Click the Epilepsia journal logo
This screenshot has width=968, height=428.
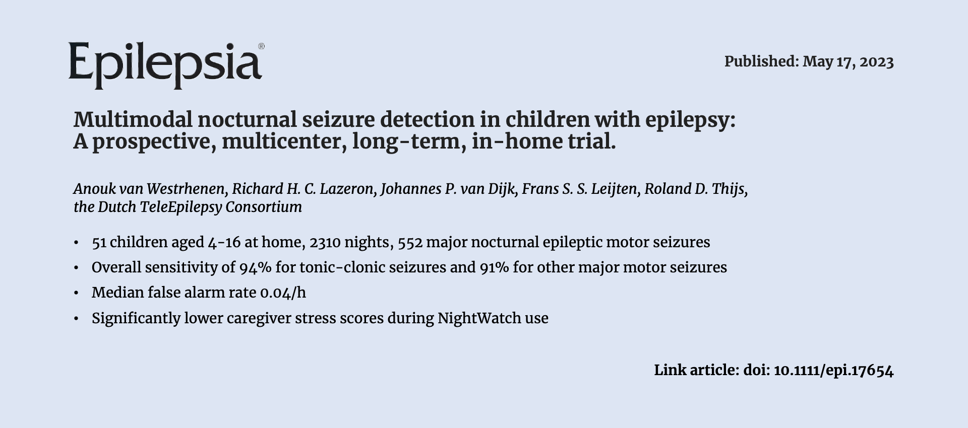166,65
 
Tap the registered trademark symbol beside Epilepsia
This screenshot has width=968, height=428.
261,46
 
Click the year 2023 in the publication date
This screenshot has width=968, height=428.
877,62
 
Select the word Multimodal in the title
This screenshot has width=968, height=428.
133,120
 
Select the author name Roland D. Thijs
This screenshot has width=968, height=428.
696,189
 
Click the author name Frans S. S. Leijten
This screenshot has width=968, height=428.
580,189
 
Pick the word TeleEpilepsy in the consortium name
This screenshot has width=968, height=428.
180,207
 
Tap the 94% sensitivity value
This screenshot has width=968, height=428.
256,267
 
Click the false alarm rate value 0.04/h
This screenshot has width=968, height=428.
283,293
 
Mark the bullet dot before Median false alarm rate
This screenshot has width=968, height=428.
76,293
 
